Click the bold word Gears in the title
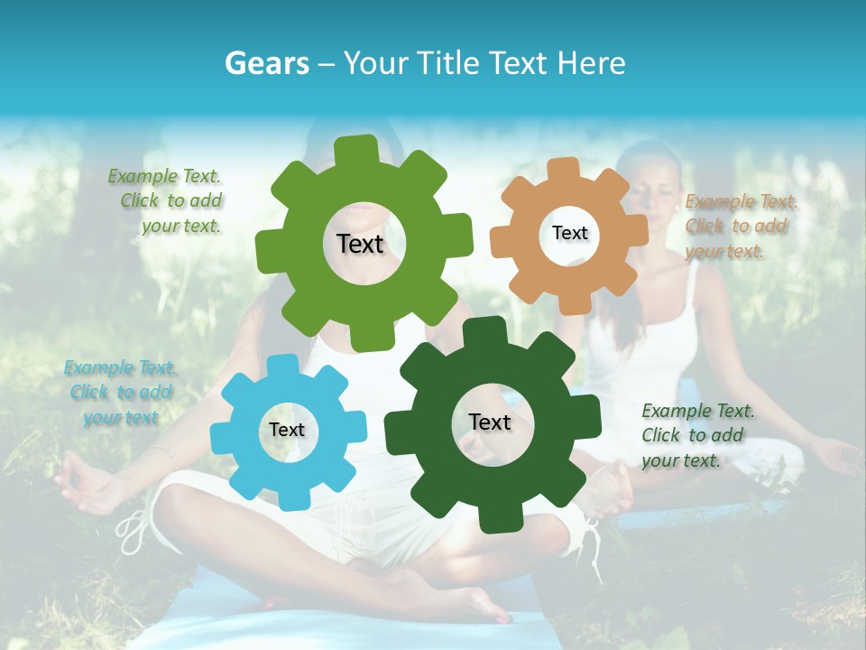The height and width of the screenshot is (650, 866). [x=265, y=63]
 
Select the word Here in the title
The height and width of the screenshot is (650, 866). [x=593, y=63]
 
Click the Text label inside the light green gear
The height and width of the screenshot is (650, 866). [x=360, y=244]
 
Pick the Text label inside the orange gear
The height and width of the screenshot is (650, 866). [x=569, y=233]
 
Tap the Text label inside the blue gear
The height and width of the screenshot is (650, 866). [x=287, y=431]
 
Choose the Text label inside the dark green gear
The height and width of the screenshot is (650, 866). [x=490, y=422]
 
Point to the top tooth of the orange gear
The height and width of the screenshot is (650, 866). [x=564, y=169]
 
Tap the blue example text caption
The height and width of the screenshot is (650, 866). [x=121, y=393]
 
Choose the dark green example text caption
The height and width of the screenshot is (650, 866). [x=695, y=435]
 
